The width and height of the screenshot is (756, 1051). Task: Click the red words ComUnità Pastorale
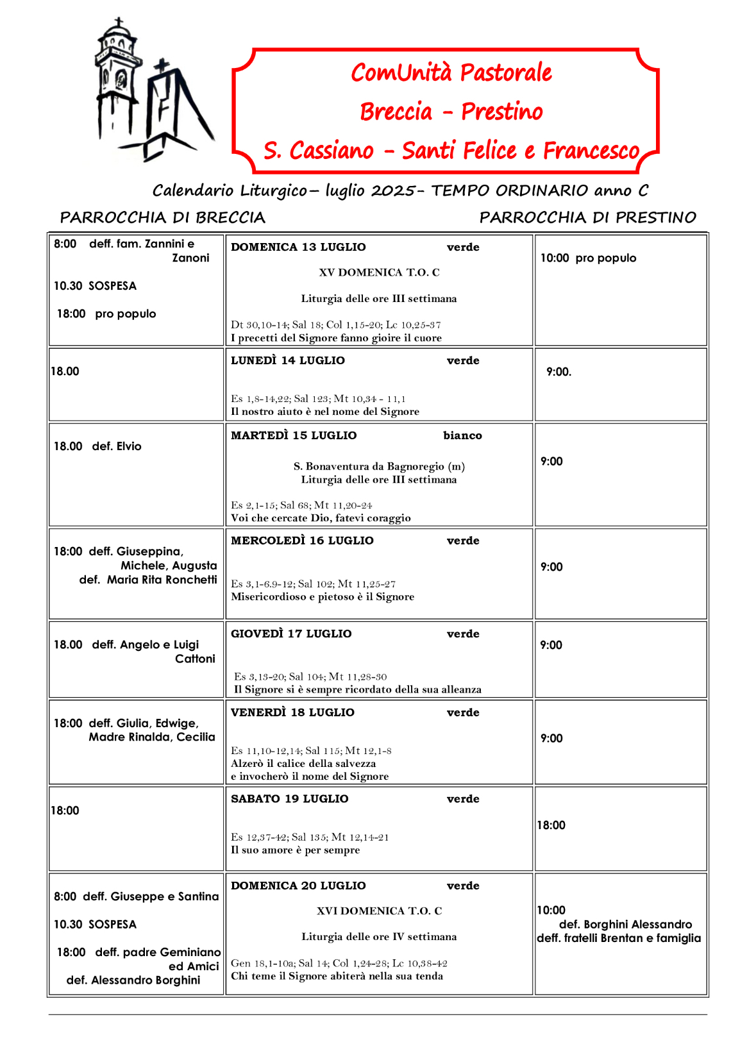[451, 72]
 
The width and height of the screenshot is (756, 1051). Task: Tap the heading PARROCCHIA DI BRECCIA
[162, 217]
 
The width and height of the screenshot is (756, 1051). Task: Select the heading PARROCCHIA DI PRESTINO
[587, 217]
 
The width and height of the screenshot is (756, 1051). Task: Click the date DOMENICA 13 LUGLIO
[298, 248]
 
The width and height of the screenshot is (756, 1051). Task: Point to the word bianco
[462, 435]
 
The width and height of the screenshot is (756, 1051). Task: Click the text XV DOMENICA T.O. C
[379, 273]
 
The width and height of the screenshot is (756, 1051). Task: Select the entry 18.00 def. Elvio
[97, 446]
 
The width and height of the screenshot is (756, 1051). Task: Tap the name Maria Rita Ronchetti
[162, 580]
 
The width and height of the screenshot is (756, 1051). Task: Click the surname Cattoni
[195, 659]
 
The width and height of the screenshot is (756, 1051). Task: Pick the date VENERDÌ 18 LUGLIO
[292, 712]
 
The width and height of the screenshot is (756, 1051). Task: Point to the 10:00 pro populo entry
[588, 258]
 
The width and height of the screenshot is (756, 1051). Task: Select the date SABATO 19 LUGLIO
[289, 799]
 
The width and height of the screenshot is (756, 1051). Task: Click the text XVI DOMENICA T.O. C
[379, 911]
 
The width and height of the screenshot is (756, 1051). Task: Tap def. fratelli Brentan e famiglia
[619, 938]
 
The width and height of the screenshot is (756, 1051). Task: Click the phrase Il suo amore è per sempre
[295, 850]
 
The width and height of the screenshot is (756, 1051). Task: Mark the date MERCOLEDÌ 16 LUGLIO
[302, 541]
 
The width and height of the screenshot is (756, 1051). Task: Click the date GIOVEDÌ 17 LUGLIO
[291, 634]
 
